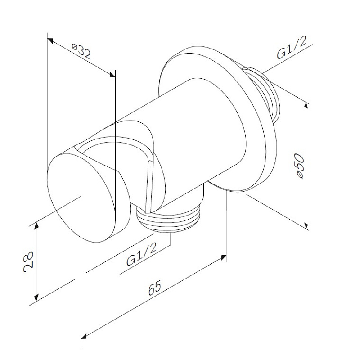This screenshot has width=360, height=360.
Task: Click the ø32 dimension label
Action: click(81, 51)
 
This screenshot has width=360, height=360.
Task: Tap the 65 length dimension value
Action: click(155, 288)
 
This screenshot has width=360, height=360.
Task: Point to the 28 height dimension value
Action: click(28, 262)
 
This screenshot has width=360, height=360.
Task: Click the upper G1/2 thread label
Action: click(291, 48)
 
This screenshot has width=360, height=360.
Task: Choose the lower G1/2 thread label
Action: click(142, 254)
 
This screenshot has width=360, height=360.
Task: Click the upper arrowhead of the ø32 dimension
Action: click(50, 40)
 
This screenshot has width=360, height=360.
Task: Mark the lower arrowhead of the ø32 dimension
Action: click(112, 75)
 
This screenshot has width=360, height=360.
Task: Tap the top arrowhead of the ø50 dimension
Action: click(306, 106)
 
